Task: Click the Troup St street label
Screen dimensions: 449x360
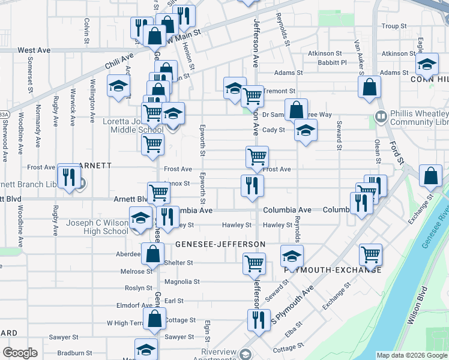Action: click(x=394, y=26)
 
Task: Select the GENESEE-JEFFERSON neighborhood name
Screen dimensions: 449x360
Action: click(x=220, y=244)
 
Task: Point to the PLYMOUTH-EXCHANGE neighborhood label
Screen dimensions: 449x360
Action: click(x=333, y=270)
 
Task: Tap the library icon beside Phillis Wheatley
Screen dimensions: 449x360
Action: click(x=380, y=116)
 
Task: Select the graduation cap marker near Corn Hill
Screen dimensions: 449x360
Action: click(x=427, y=63)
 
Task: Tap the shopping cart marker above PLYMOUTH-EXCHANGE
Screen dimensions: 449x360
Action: click(x=370, y=254)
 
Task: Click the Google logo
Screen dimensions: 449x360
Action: click(x=20, y=353)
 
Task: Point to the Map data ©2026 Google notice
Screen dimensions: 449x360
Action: click(x=411, y=355)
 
